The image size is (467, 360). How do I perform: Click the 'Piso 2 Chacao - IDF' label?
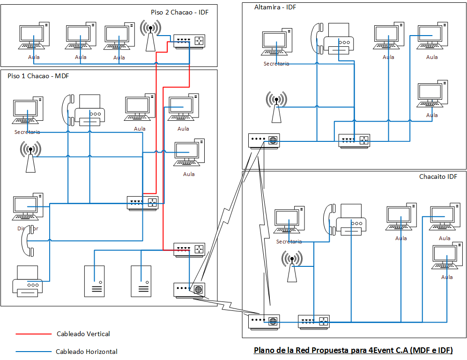[x=179, y=12]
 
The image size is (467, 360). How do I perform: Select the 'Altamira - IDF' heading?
[x=275, y=7]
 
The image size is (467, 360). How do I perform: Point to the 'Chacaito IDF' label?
[x=438, y=176]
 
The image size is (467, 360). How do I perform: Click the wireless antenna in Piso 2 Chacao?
[x=150, y=35]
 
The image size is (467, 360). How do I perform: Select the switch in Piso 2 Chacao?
[x=190, y=41]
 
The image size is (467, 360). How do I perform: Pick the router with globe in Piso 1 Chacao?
[x=189, y=289]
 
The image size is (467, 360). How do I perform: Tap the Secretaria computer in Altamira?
[x=276, y=44]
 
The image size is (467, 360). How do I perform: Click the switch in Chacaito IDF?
[x=314, y=321]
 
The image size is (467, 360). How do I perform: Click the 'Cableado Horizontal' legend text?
[x=86, y=352]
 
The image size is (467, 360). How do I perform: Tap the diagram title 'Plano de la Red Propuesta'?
[x=353, y=350]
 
